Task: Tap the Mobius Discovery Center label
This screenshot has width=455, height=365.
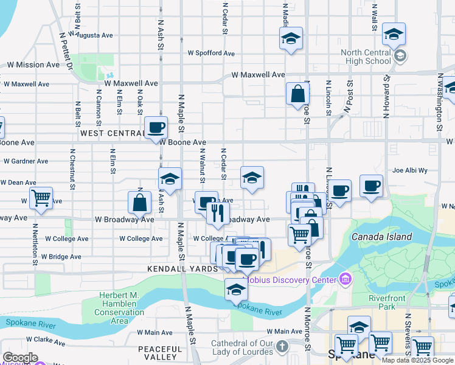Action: (x=290, y=280)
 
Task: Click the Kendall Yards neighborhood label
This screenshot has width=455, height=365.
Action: (x=182, y=268)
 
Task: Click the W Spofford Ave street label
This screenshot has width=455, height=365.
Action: (x=211, y=54)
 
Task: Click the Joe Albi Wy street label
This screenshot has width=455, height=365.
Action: (x=410, y=171)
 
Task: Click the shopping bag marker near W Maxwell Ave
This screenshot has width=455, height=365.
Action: (x=297, y=94)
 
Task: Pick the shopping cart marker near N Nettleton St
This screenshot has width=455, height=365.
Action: (x=40, y=197)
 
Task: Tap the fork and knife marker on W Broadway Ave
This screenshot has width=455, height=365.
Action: (x=217, y=212)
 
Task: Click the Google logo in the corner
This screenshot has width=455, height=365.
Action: (x=21, y=358)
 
